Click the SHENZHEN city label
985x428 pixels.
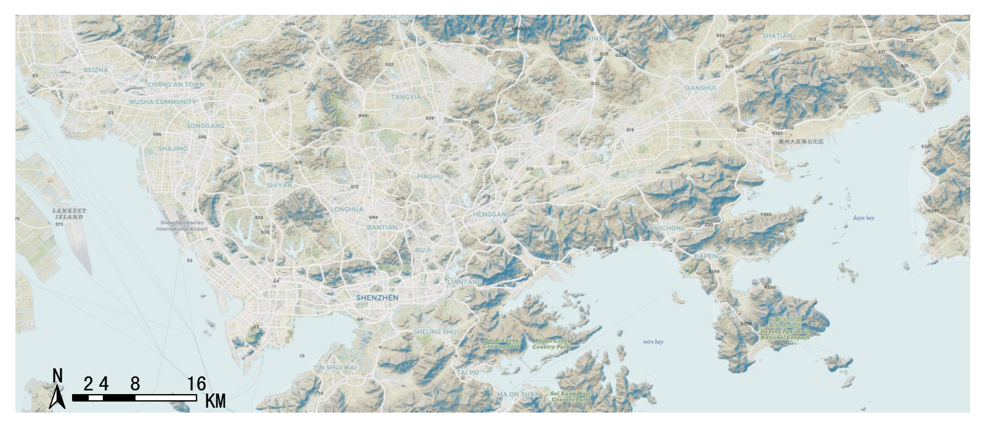click(x=377, y=297)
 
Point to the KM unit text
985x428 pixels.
click(x=215, y=402)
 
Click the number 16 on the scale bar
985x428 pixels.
click(x=197, y=384)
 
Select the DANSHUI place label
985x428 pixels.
click(x=700, y=88)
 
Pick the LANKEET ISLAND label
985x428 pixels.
click(x=69, y=214)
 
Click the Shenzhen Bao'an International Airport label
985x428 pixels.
click(x=182, y=226)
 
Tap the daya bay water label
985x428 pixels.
click(x=863, y=218)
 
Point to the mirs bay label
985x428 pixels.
click(x=653, y=342)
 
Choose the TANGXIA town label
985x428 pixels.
click(x=406, y=97)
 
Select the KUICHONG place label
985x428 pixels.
click(x=667, y=228)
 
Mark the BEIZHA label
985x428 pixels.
click(x=95, y=70)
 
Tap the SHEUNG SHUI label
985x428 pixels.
click(x=436, y=332)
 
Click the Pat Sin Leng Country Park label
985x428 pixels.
click(x=501, y=343)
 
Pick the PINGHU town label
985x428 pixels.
click(x=429, y=177)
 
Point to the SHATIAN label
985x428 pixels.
click(x=777, y=36)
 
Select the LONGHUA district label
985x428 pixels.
click(x=347, y=209)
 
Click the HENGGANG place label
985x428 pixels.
click(x=492, y=214)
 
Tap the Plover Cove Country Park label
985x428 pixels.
click(x=551, y=344)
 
